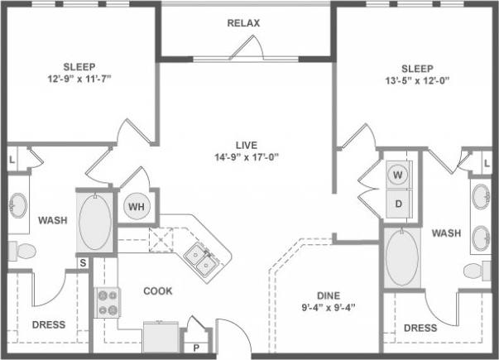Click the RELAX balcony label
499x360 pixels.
243,23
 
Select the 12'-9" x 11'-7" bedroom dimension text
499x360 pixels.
79,80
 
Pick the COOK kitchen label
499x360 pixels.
157,291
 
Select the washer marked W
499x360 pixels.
398,175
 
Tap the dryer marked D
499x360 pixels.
398,203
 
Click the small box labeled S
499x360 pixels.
83,263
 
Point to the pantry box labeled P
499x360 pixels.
196,348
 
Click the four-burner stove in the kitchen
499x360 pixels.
108,302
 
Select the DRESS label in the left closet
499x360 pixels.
48,325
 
